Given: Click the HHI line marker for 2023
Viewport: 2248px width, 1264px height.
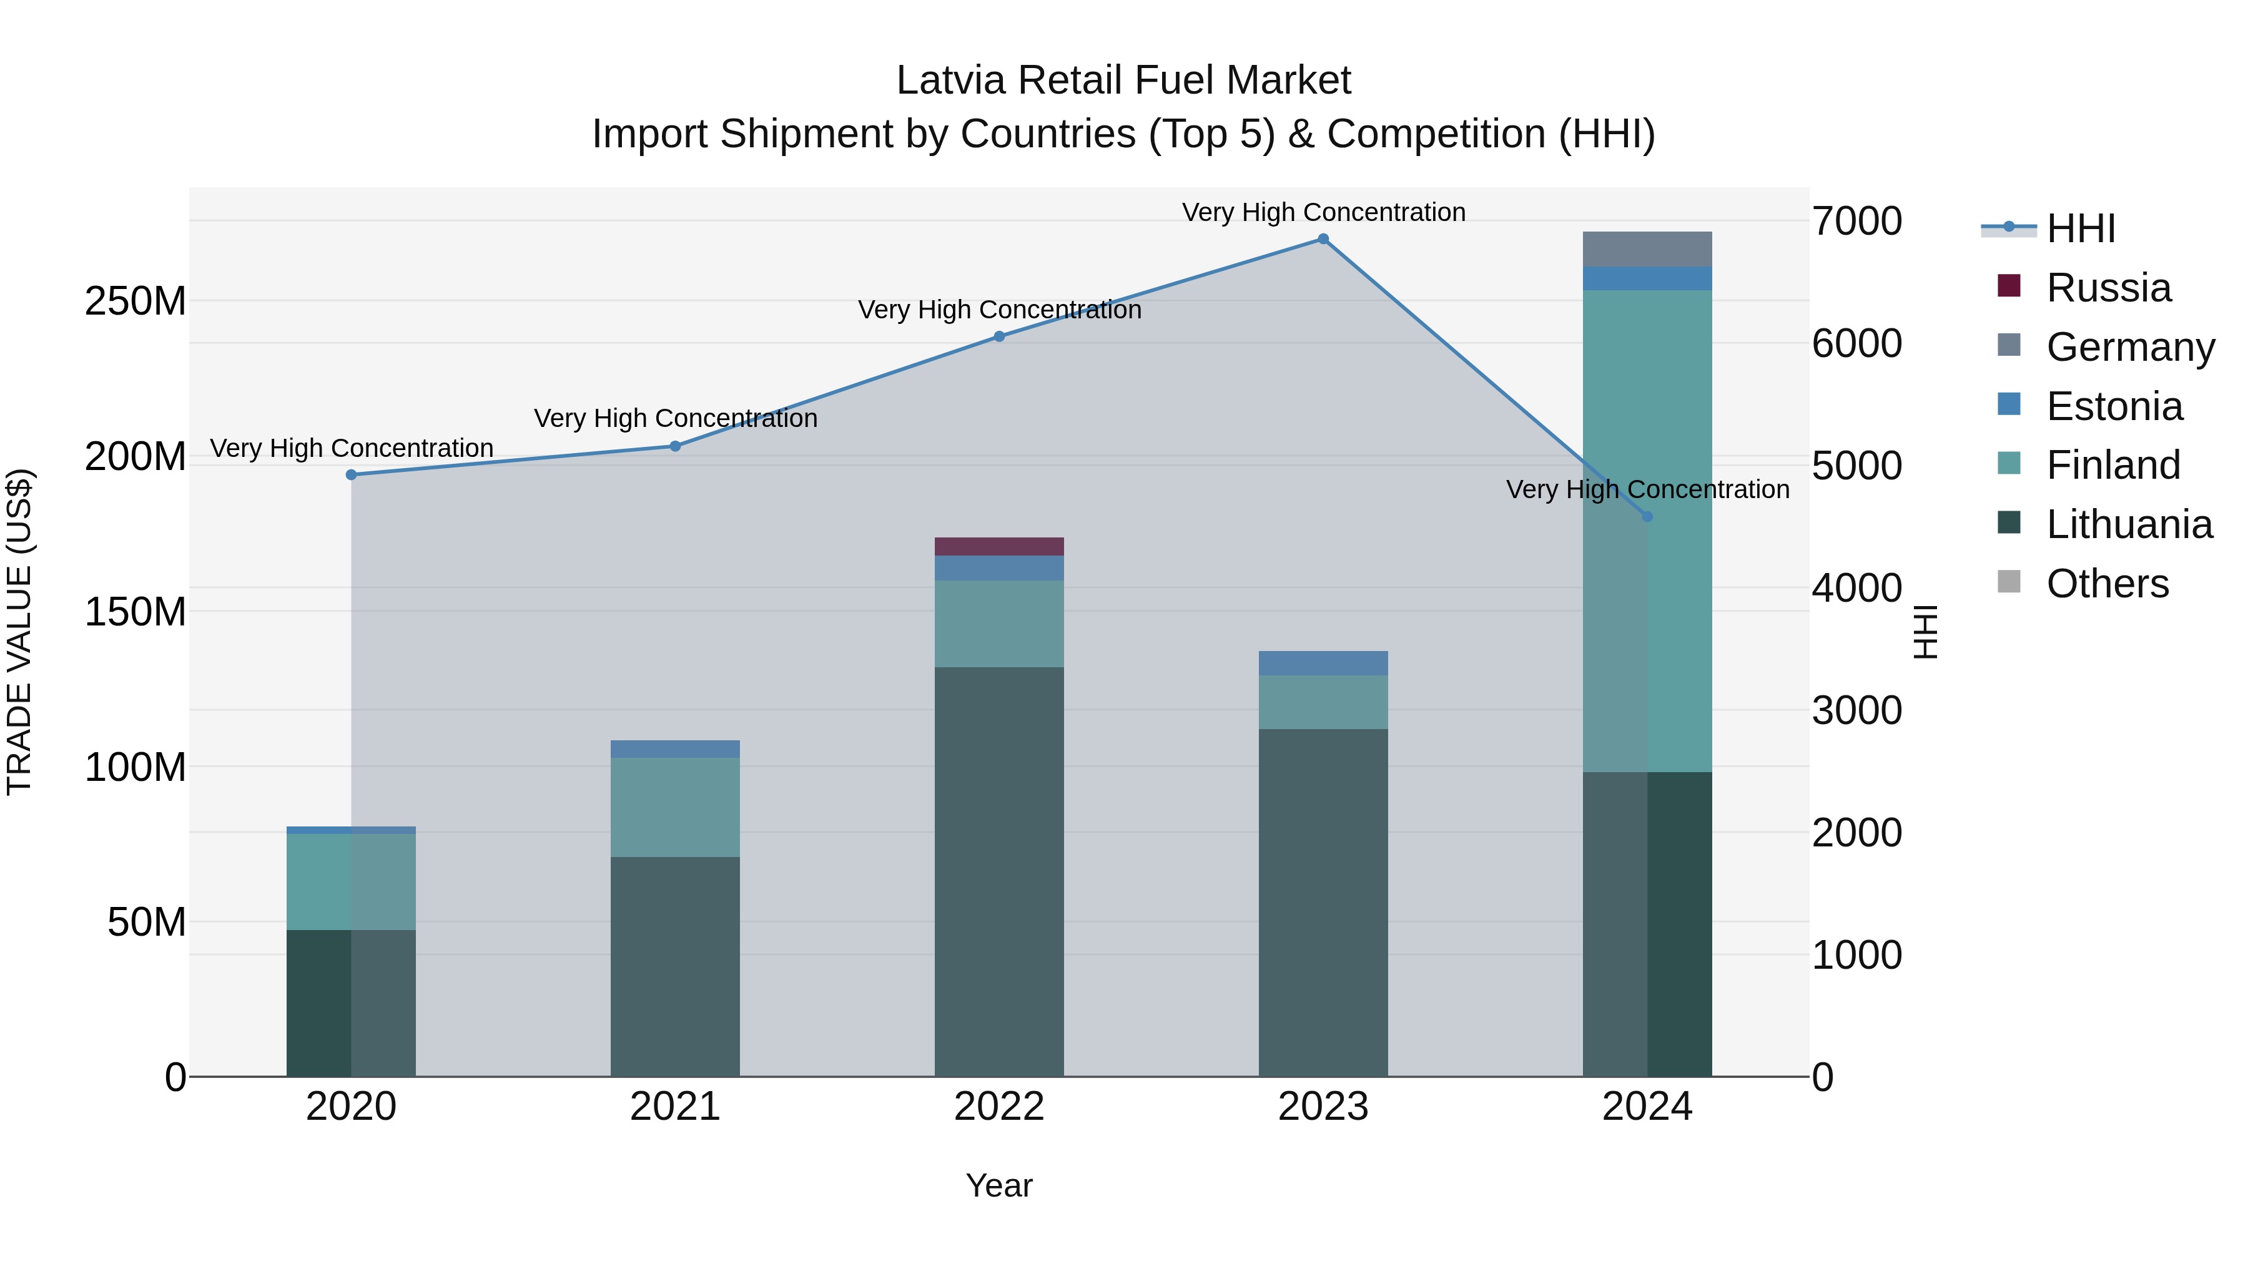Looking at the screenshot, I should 1323,239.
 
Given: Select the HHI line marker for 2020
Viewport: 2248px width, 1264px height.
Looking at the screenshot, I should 352,474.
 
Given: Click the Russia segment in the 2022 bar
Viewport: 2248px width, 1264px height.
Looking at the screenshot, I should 999,547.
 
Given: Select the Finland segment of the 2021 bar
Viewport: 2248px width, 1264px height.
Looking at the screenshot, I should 674,807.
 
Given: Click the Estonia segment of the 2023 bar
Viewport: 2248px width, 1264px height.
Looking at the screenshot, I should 1323,663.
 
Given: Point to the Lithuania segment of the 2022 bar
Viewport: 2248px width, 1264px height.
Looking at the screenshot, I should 999,873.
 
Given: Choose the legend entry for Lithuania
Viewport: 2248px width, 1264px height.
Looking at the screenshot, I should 2129,524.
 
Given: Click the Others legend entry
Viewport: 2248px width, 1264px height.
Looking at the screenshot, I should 2107,584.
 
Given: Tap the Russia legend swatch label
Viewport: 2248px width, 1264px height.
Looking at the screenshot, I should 2108,288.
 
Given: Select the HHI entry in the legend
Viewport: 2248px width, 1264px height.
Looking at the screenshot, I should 2081,228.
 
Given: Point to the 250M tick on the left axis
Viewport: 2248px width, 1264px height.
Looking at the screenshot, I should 136,301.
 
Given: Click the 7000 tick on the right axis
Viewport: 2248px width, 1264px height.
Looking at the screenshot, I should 1857,222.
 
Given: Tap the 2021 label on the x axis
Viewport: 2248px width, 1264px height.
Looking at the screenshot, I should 674,1107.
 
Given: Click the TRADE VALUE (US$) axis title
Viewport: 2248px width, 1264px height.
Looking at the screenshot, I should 19,632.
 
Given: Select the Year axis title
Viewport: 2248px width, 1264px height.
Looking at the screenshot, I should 999,1185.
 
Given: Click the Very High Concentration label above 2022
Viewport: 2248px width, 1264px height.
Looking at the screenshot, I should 999,310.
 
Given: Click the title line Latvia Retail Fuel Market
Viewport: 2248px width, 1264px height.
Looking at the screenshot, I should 1123,81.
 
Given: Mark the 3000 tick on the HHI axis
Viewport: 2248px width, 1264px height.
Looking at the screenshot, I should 1857,710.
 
